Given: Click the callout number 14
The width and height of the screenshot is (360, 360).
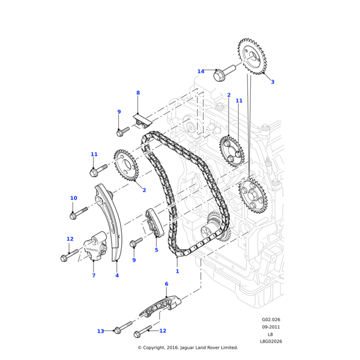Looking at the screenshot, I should tap(200, 71).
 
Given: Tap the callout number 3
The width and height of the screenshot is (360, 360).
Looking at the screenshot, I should tap(272, 82).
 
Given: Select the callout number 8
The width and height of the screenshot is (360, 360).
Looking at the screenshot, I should tap(137, 93).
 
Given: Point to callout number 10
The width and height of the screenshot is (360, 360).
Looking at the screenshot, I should tap(73, 198).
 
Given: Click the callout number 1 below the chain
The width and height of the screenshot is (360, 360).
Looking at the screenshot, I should tap(177, 271).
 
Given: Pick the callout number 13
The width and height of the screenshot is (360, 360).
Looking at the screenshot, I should tap(101, 331).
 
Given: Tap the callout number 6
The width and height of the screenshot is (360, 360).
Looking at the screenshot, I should tap(166, 284).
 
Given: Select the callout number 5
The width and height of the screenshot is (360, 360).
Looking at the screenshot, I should tap(157, 250).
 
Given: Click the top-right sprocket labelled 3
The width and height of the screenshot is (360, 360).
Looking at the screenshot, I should tap(252, 56).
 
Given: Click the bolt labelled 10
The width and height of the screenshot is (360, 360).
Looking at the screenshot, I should tap(77, 213).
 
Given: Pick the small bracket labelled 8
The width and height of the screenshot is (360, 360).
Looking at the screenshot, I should tap(143, 122).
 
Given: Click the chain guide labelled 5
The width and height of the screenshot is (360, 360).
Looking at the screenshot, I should tap(152, 223).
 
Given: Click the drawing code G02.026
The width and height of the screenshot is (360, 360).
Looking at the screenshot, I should tap(271, 320).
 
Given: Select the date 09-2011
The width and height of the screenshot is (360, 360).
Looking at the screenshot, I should tap(271, 327).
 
